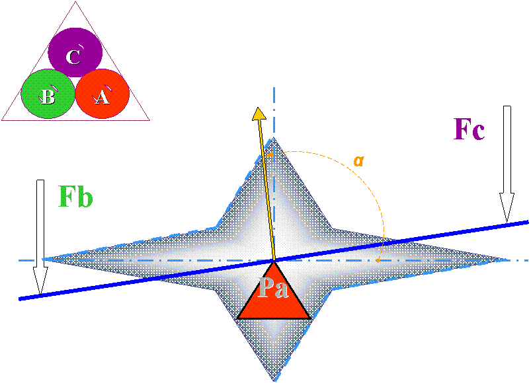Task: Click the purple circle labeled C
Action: (x=75, y=53)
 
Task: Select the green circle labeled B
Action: (x=48, y=93)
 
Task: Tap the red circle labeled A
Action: (x=102, y=94)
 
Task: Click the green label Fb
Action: (x=75, y=197)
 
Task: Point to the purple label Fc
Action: (x=470, y=130)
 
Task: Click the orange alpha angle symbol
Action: (x=359, y=160)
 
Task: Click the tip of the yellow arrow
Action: (x=258, y=110)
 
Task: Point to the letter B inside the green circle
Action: (x=48, y=97)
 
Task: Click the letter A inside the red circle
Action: (x=102, y=98)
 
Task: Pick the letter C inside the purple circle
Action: (x=73, y=57)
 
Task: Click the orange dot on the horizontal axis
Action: (x=377, y=260)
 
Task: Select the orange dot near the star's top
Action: (x=270, y=154)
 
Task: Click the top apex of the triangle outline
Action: (x=75, y=2)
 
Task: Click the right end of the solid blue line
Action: (x=528, y=222)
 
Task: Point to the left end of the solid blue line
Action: (x=20, y=299)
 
